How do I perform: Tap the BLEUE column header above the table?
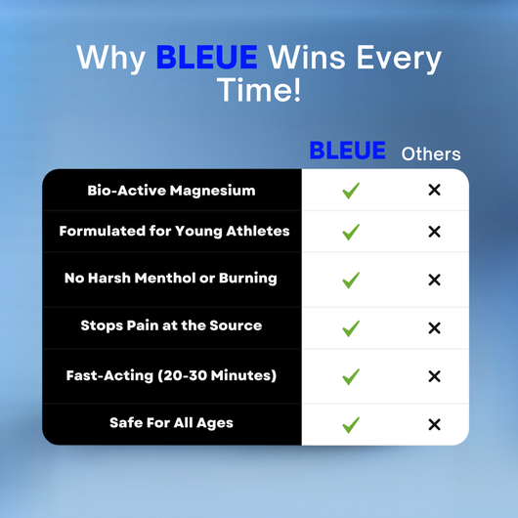tap(347, 151)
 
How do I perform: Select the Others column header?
tap(431, 153)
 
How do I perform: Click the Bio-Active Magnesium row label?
tap(171, 190)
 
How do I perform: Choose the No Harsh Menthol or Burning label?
tap(171, 279)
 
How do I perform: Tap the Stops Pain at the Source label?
tap(171, 325)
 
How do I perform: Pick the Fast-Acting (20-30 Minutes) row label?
tap(171, 375)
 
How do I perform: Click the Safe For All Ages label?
tap(171, 423)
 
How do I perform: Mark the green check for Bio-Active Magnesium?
tap(351, 190)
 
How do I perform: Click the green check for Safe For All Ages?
tap(351, 424)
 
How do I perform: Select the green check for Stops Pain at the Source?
tap(351, 328)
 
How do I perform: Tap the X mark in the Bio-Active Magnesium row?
tap(434, 190)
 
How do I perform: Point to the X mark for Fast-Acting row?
tap(434, 376)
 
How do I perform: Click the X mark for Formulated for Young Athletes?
tap(434, 233)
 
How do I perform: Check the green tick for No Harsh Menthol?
tap(351, 281)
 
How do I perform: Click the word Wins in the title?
tap(306, 57)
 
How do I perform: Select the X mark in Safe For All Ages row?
tap(434, 424)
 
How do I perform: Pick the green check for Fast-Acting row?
tap(351, 376)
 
